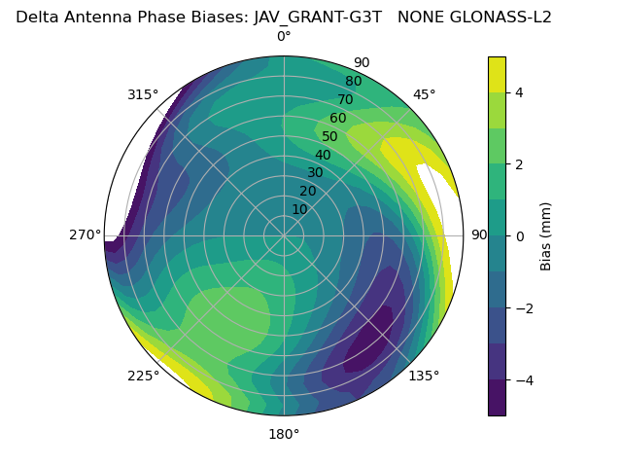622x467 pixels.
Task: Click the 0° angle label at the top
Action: coord(284,37)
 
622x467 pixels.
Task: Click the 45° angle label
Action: coord(424,94)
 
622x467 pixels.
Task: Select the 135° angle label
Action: coord(424,376)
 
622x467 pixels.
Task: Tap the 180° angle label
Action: coord(284,434)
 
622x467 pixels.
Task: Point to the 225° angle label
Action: coord(143,377)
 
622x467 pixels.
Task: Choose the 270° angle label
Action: coord(86,235)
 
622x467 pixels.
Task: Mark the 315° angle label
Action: coord(143,94)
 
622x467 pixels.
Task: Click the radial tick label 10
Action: coord(299,209)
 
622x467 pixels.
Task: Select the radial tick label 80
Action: coord(353,82)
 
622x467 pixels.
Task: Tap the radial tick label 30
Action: coord(315,173)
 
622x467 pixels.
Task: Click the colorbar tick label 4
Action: coord(519,92)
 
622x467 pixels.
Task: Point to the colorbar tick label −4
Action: coord(523,379)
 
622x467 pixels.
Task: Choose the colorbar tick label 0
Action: coord(519,235)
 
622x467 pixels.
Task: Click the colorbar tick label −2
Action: coord(523,307)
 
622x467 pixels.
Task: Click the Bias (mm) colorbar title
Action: coord(546,235)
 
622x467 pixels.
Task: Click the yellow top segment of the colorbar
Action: coord(497,74)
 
